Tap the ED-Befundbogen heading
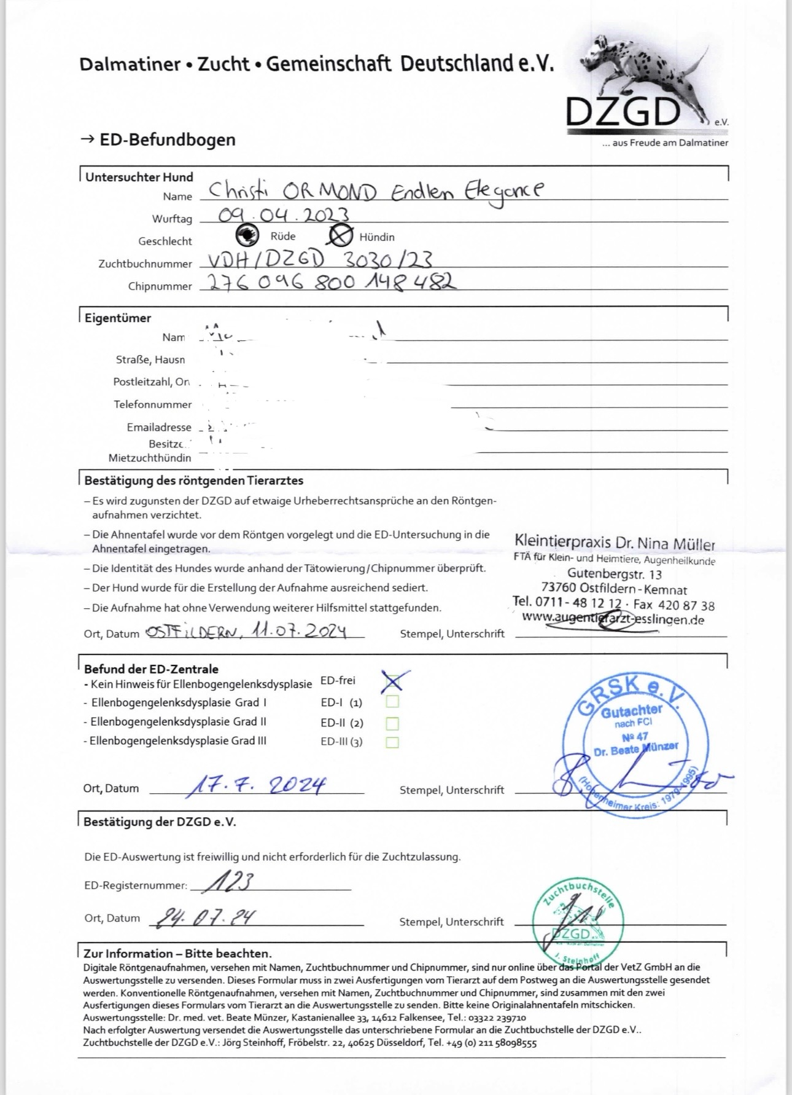167,140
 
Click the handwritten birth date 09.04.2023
284,215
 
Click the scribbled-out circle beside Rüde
247,235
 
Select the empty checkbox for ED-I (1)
392,702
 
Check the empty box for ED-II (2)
392,723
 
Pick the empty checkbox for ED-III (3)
392,742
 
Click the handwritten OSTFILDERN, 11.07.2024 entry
246,632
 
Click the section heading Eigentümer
118,318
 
